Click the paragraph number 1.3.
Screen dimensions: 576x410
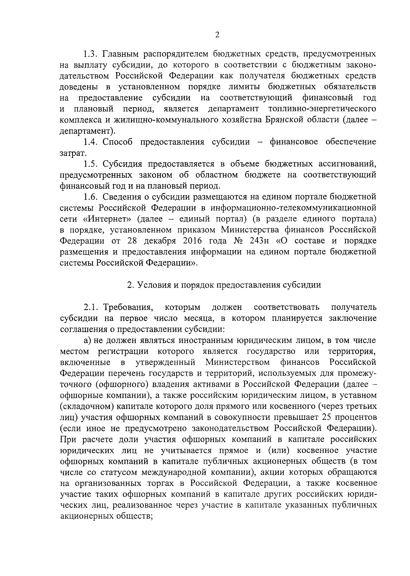click(x=91, y=54)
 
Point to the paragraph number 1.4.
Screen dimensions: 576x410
click(x=91, y=142)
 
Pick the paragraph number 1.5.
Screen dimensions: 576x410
click(x=91, y=164)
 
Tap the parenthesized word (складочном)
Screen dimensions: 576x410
click(x=87, y=406)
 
